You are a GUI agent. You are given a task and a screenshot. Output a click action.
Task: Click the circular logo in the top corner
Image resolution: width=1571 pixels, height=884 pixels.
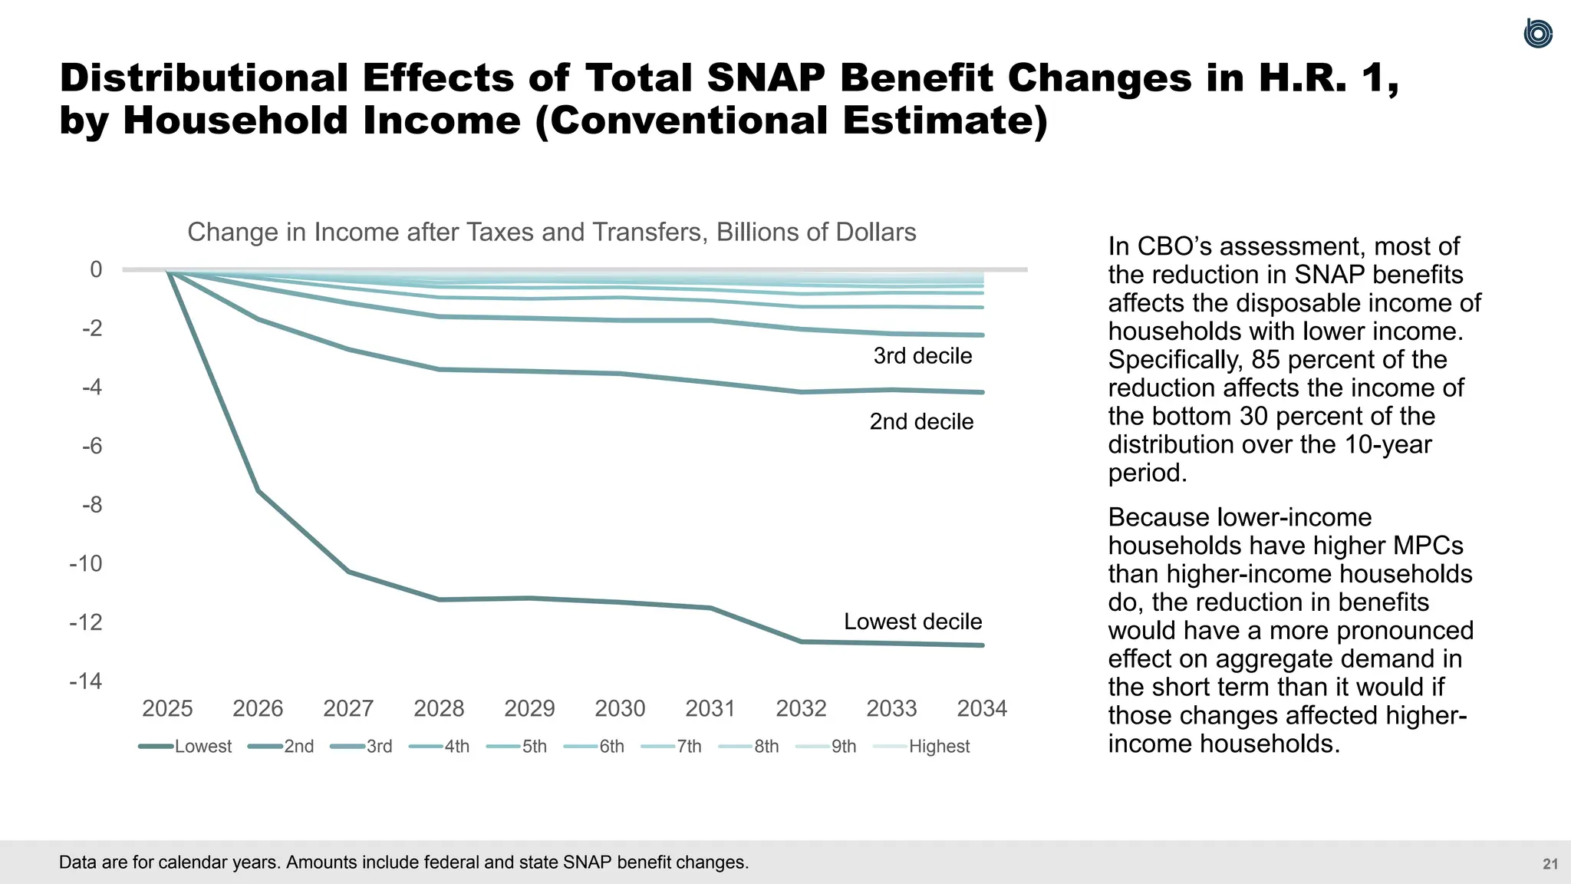[1537, 34]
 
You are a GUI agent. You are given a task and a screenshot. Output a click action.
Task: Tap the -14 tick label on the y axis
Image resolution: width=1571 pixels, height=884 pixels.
[86, 681]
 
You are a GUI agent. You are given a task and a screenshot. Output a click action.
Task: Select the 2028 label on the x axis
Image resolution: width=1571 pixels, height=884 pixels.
[439, 708]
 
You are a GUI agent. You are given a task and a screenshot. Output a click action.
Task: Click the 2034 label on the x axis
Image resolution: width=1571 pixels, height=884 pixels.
[982, 708]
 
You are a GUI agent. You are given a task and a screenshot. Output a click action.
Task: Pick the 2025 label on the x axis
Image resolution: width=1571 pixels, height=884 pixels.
[167, 708]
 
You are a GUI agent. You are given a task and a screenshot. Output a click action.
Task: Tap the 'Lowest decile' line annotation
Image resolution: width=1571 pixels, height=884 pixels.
[913, 622]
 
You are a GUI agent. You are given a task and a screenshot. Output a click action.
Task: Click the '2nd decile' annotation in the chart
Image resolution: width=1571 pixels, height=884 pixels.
[921, 422]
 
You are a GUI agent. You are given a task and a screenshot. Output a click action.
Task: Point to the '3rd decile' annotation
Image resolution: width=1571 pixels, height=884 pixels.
[923, 356]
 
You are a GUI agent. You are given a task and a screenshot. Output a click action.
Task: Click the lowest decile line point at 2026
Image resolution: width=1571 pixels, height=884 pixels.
[259, 491]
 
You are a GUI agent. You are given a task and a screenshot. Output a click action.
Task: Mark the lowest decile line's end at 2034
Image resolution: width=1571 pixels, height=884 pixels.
[982, 645]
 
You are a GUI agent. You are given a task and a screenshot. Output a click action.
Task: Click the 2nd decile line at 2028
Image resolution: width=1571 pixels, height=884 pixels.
[439, 370]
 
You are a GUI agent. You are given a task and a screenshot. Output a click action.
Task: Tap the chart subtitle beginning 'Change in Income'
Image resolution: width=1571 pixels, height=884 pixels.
[552, 232]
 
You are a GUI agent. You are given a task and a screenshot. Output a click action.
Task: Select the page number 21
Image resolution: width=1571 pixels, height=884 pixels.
[1550, 864]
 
